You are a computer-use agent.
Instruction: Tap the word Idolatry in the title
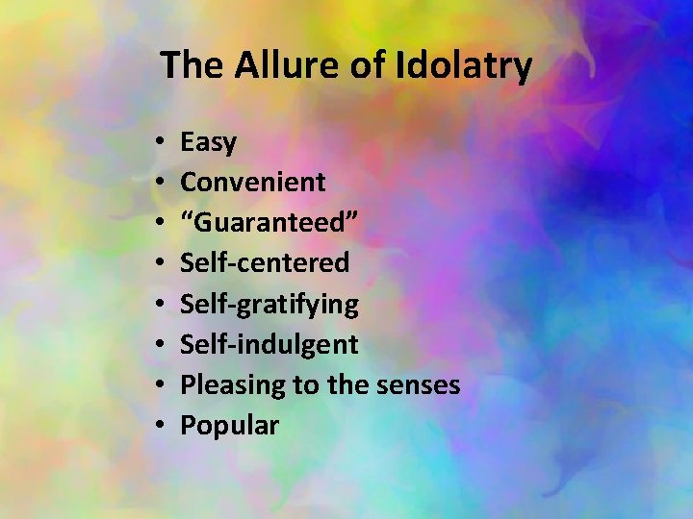[464, 65]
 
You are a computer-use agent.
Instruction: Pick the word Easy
[208, 143]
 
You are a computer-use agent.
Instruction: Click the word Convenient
[253, 182]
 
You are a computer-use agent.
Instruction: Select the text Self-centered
[265, 262]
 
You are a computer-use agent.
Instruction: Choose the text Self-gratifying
[269, 304]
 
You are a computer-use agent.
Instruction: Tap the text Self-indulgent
[269, 344]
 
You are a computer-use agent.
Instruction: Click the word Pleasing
[235, 385]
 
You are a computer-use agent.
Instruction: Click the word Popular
[229, 426]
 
